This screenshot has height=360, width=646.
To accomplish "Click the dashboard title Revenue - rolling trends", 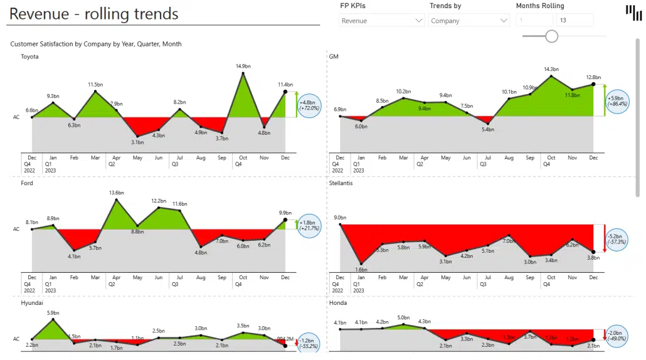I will click(94, 14).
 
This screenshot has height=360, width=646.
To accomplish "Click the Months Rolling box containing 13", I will click(574, 21).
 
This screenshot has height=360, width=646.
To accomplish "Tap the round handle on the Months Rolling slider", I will click(551, 36).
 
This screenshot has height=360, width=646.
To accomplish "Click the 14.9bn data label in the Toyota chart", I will click(243, 66).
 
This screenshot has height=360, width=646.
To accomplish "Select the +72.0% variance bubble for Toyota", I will click(309, 105).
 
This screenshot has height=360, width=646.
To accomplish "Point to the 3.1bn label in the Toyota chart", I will click(138, 142).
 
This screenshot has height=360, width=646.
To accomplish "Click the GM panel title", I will click(334, 56).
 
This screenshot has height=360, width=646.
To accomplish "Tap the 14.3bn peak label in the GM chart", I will click(551, 69).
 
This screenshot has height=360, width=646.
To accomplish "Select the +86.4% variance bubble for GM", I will click(617, 100).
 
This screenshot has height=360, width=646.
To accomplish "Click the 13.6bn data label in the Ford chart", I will click(117, 193).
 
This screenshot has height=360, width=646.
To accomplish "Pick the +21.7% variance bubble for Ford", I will click(309, 225).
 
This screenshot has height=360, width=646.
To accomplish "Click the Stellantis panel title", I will click(341, 183).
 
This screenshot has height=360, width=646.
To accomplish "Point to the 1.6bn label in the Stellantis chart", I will click(361, 270).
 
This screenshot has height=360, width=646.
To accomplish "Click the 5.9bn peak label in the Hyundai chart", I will click(53, 312).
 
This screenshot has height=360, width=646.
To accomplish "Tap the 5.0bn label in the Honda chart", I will click(403, 318).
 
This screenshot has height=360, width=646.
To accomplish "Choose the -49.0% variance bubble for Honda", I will click(617, 336).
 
